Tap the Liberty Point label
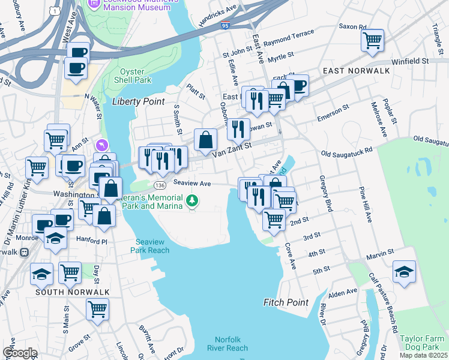pos(138,101)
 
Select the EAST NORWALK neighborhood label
pos(356,71)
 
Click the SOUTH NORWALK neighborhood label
pos(72,292)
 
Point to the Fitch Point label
pos(286,302)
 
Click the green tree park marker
pos(192,200)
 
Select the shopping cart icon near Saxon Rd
pos(372,41)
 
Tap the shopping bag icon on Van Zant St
pos(206,140)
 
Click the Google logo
pos(20,353)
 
